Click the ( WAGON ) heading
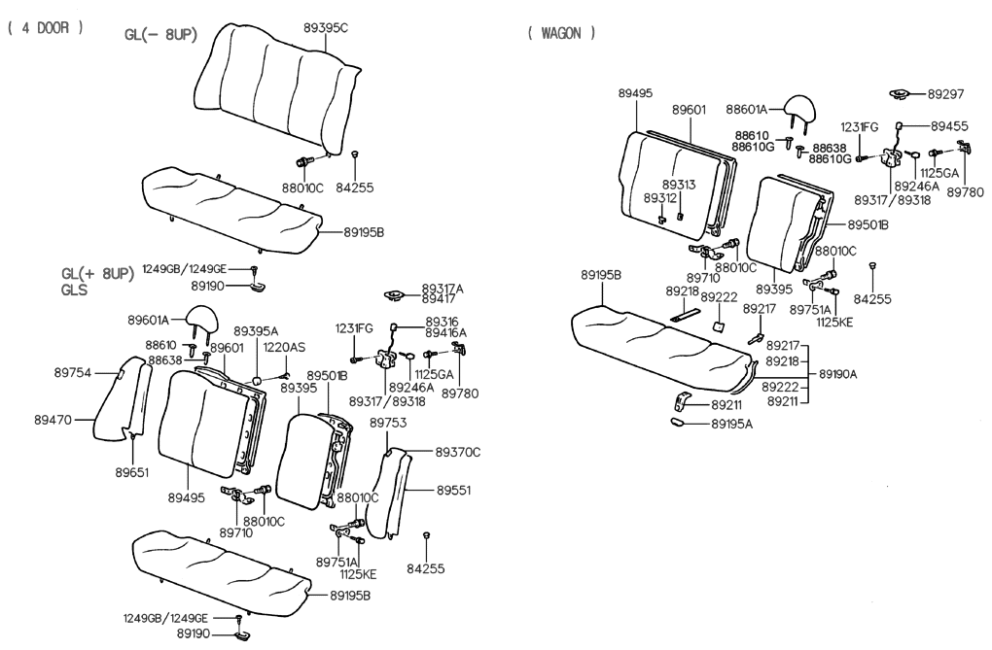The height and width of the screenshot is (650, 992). (561, 33)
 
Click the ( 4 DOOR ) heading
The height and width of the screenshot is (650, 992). (45, 28)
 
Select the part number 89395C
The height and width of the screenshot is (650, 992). (325, 29)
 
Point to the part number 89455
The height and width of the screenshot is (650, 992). (949, 126)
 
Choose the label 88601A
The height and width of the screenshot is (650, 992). (746, 110)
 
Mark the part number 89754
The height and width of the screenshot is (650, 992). (73, 371)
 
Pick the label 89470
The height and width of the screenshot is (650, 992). (53, 420)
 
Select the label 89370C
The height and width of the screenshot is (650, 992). (458, 452)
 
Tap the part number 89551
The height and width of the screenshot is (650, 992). (454, 492)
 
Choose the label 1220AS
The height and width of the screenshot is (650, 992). (283, 348)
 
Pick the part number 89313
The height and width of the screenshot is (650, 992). (679, 184)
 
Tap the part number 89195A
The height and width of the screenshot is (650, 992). (733, 424)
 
